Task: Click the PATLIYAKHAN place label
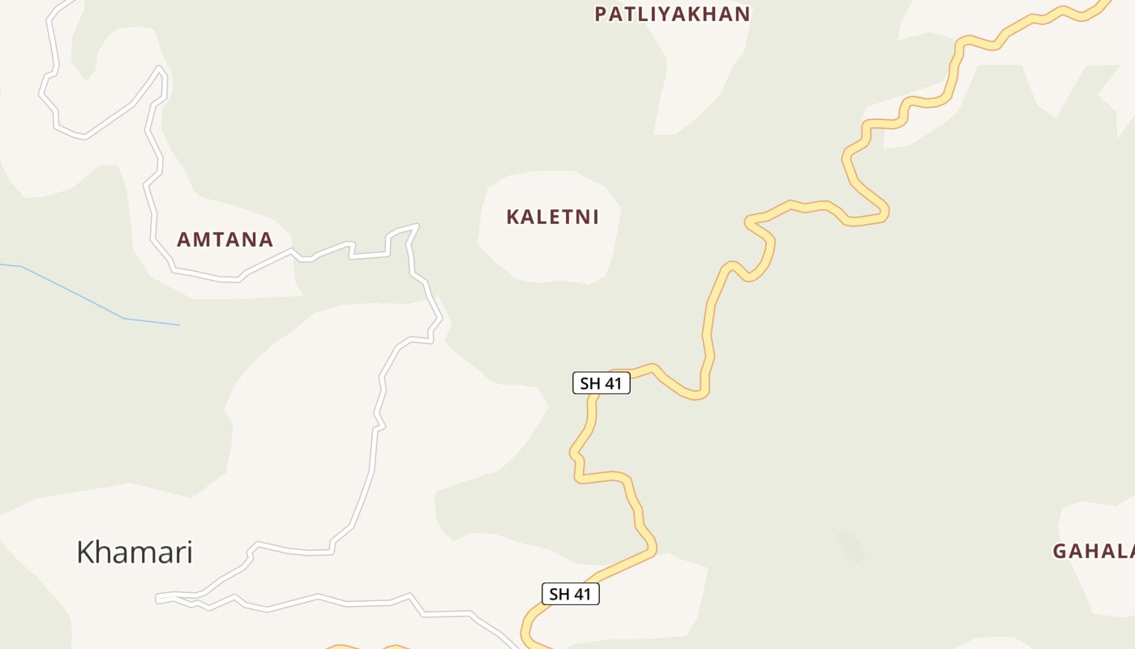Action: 672,14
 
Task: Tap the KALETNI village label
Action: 552,217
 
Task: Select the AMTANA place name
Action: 225,239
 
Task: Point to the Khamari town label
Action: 135,552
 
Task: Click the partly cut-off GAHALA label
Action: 1094,551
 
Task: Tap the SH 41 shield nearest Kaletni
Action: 601,383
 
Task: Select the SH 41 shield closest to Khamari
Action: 570,594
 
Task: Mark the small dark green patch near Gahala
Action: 851,546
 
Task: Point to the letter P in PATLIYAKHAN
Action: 601,14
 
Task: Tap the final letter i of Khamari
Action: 189,552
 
